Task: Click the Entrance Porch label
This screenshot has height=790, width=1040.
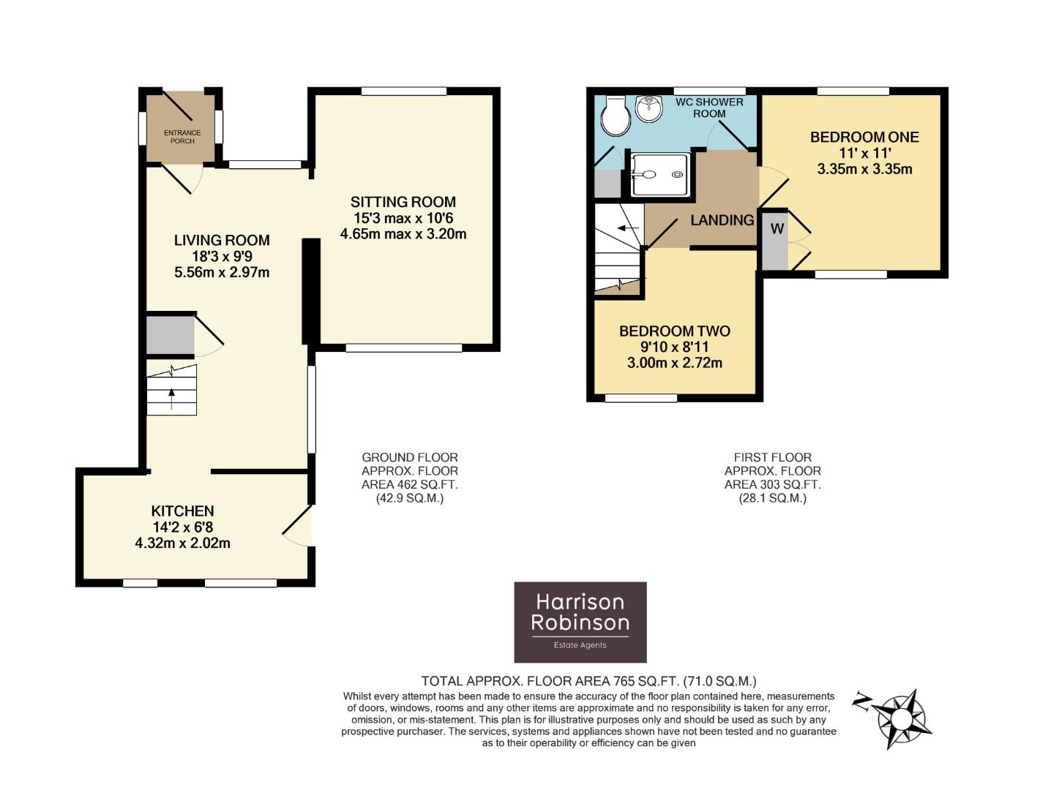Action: point(182,137)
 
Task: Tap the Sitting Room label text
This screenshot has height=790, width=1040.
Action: point(403,202)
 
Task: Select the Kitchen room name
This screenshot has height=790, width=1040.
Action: point(182,511)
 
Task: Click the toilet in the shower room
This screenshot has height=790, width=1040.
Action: point(613,117)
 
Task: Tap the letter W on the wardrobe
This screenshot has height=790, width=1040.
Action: point(777,229)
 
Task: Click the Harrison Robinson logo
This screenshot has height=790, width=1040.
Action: point(580,622)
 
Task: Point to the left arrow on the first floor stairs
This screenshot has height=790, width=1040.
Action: point(626,227)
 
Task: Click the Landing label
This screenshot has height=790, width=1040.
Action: point(722,219)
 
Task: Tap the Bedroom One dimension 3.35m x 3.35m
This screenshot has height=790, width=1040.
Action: point(864,169)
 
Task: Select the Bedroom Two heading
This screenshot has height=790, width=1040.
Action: point(674,331)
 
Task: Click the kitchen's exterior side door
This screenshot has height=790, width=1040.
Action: point(298,527)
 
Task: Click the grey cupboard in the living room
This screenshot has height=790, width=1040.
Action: point(170,336)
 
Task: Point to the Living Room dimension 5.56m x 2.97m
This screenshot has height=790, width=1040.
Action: point(222,272)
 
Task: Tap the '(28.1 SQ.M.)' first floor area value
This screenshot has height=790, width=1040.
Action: point(772,498)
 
